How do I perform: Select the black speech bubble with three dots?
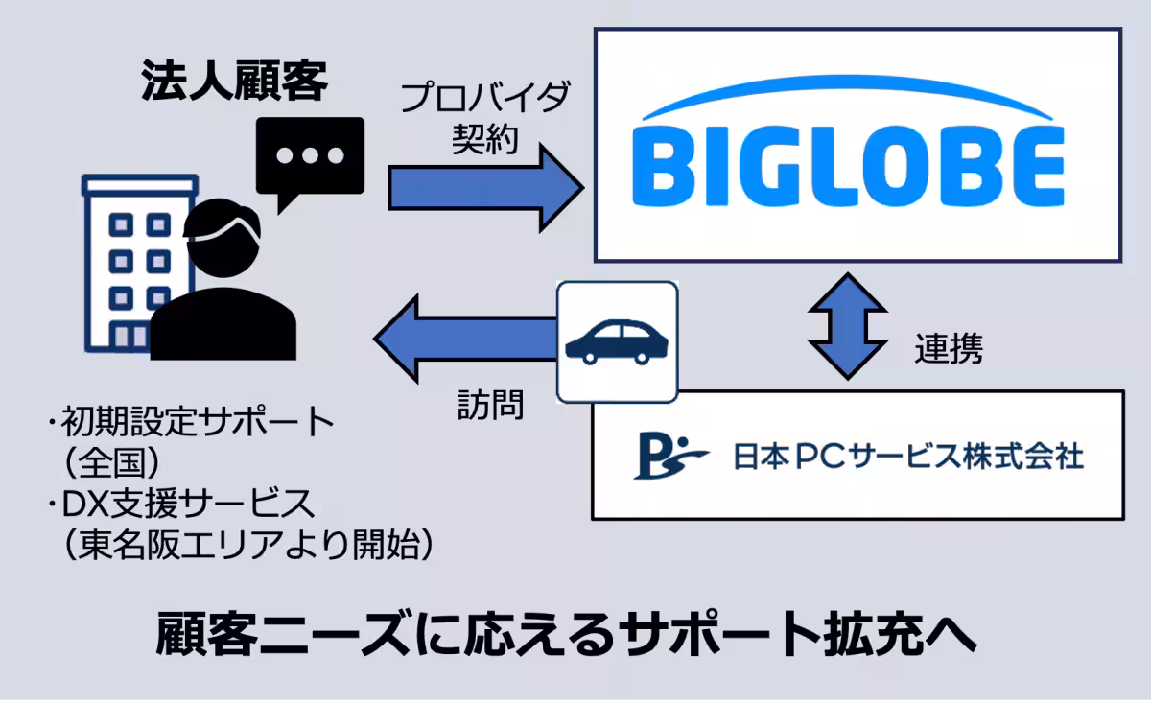(310, 157)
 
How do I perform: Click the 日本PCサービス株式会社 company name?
(907, 456)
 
